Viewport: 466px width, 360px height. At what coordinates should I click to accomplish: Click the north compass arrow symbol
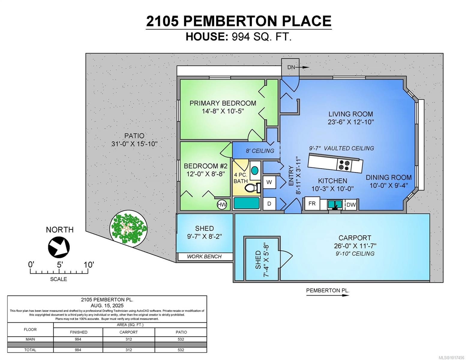tap(59, 247)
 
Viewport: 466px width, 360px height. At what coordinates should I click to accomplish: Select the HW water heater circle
tap(222, 205)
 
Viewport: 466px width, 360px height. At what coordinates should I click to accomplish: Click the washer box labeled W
tap(269, 182)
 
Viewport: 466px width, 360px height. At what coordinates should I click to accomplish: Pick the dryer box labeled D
tap(269, 204)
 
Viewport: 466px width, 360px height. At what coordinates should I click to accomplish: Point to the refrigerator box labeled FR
tap(312, 204)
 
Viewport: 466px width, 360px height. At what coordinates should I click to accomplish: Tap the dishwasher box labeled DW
tap(351, 205)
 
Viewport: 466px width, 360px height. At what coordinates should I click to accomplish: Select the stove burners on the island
tap(344, 166)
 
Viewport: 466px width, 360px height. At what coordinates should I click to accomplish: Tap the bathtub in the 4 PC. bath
tap(246, 203)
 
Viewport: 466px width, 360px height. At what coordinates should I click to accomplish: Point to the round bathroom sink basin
tap(254, 171)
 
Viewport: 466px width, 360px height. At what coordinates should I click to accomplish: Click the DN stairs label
tap(291, 67)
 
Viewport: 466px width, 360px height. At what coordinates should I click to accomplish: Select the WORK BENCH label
tap(204, 256)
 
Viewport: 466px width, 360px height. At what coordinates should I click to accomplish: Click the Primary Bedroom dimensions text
tap(223, 111)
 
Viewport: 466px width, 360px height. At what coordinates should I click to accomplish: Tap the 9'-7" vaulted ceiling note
tap(341, 148)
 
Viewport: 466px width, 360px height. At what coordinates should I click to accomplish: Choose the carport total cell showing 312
tap(129, 350)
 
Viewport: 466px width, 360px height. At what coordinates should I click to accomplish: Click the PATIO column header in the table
tap(181, 332)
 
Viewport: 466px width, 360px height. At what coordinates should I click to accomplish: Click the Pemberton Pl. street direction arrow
tap(328, 295)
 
